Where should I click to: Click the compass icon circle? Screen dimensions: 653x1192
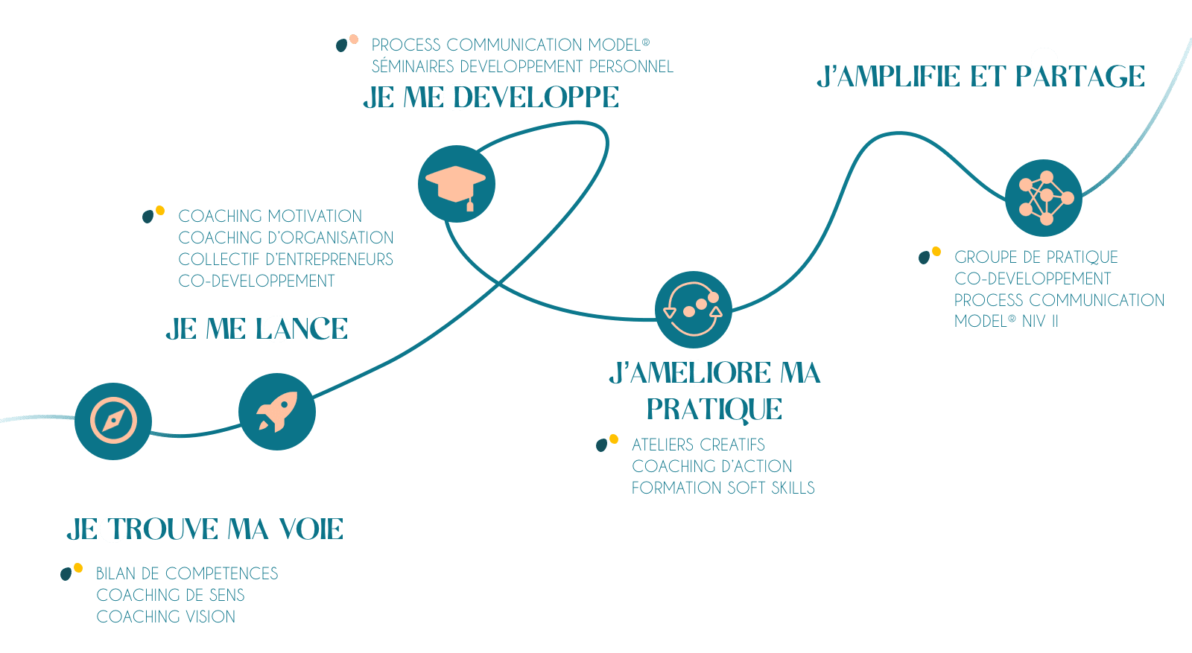point(113,421)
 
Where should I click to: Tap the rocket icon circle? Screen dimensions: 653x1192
point(277,412)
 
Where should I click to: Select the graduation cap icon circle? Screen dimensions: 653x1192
point(457,184)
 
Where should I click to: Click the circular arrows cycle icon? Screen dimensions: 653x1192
point(694,309)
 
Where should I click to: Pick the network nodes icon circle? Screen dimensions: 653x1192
point(1044,198)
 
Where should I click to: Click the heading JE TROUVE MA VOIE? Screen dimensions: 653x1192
point(205,529)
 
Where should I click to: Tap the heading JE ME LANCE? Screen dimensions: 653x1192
point(257,328)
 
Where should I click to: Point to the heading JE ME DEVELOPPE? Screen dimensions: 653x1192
point(491,98)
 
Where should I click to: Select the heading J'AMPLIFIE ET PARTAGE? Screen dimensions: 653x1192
point(980,77)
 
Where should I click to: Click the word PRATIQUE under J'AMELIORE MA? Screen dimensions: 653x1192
point(714,409)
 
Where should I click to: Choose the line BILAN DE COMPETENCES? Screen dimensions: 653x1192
point(187,573)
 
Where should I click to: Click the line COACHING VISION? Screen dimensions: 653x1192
point(166,617)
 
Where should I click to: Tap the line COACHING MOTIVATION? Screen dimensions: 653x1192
point(270,216)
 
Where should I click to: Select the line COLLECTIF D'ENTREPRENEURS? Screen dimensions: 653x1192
point(286,259)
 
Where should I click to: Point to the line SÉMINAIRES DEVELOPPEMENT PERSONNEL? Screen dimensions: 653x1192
point(522,66)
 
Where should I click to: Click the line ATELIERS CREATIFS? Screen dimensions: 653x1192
point(698,445)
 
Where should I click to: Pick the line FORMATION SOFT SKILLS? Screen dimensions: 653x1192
point(723,488)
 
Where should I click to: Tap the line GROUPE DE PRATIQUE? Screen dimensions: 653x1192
point(1036,257)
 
